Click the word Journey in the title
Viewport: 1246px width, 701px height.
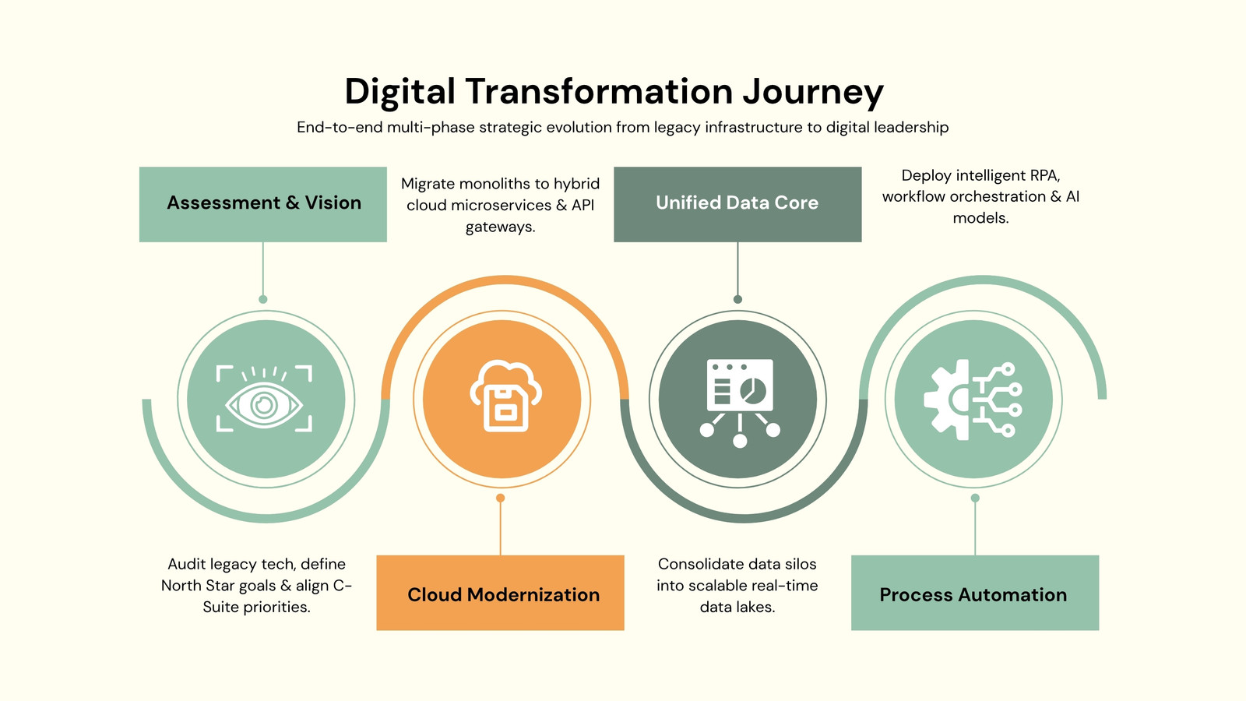(x=813, y=93)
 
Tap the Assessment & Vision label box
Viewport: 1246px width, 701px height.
(x=263, y=204)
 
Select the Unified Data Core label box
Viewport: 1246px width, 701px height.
(x=737, y=204)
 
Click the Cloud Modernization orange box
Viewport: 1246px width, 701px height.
(x=500, y=593)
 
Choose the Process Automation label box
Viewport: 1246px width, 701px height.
(x=975, y=593)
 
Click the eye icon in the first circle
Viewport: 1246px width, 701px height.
(x=264, y=399)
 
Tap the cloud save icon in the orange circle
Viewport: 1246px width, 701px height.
(x=505, y=396)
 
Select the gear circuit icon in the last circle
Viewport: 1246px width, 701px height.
(x=973, y=400)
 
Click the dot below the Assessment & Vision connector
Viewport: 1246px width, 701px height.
(x=263, y=299)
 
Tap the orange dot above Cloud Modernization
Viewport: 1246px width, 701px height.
(x=501, y=498)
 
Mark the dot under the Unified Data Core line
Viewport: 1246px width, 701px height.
(x=737, y=299)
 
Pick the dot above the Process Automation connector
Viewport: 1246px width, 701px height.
(x=975, y=498)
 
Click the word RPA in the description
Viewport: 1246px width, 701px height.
(x=1044, y=175)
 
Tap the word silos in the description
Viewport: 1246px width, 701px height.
(x=801, y=564)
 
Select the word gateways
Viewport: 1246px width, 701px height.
(x=500, y=227)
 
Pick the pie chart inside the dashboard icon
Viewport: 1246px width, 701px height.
(x=752, y=389)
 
